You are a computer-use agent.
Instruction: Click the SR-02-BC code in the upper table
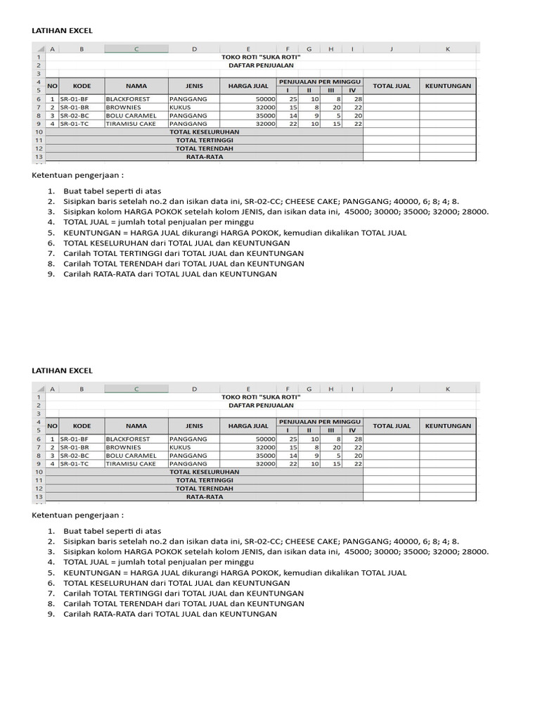(74, 115)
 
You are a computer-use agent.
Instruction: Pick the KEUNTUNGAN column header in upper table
(448, 86)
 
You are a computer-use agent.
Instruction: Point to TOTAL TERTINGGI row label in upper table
(204, 140)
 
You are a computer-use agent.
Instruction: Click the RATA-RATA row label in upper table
(204, 157)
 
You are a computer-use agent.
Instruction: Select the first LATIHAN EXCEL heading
(63, 31)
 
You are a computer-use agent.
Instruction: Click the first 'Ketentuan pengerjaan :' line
(77, 175)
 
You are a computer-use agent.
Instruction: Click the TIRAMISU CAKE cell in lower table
(131, 463)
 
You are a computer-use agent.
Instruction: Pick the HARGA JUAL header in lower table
(248, 425)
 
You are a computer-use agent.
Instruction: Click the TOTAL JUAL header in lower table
(392, 425)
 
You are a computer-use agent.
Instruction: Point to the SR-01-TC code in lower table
(74, 463)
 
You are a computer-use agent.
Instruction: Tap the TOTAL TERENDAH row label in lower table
(204, 488)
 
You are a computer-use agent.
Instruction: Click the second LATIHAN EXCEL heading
(63, 371)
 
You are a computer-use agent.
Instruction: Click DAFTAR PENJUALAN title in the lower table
(261, 405)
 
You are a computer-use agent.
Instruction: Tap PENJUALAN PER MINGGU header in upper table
(320, 82)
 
